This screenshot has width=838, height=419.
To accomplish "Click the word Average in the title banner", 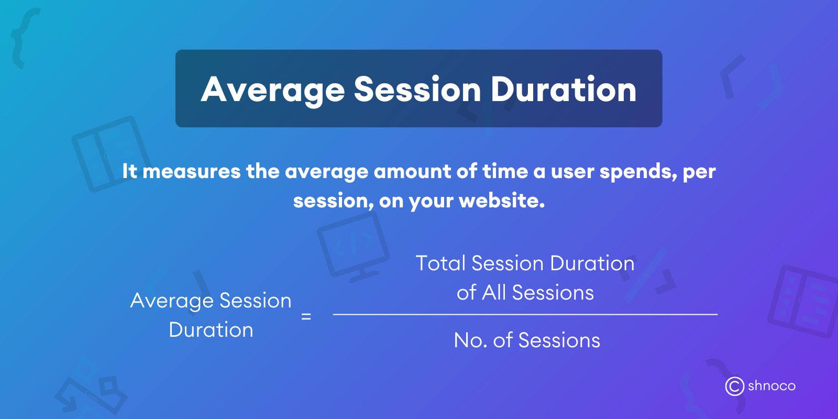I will (x=272, y=90).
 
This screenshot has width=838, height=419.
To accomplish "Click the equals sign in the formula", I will (x=306, y=316).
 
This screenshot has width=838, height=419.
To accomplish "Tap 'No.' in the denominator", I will (x=470, y=340).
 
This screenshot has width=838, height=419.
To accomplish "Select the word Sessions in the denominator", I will (x=559, y=340).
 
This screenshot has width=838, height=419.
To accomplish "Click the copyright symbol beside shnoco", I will (x=734, y=387).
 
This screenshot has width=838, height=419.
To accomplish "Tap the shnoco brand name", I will (x=771, y=386).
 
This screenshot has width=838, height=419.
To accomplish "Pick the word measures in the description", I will (x=191, y=171).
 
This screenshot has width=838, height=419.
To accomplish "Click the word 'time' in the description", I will (x=505, y=171).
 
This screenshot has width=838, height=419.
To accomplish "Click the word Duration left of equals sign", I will (x=211, y=330).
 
